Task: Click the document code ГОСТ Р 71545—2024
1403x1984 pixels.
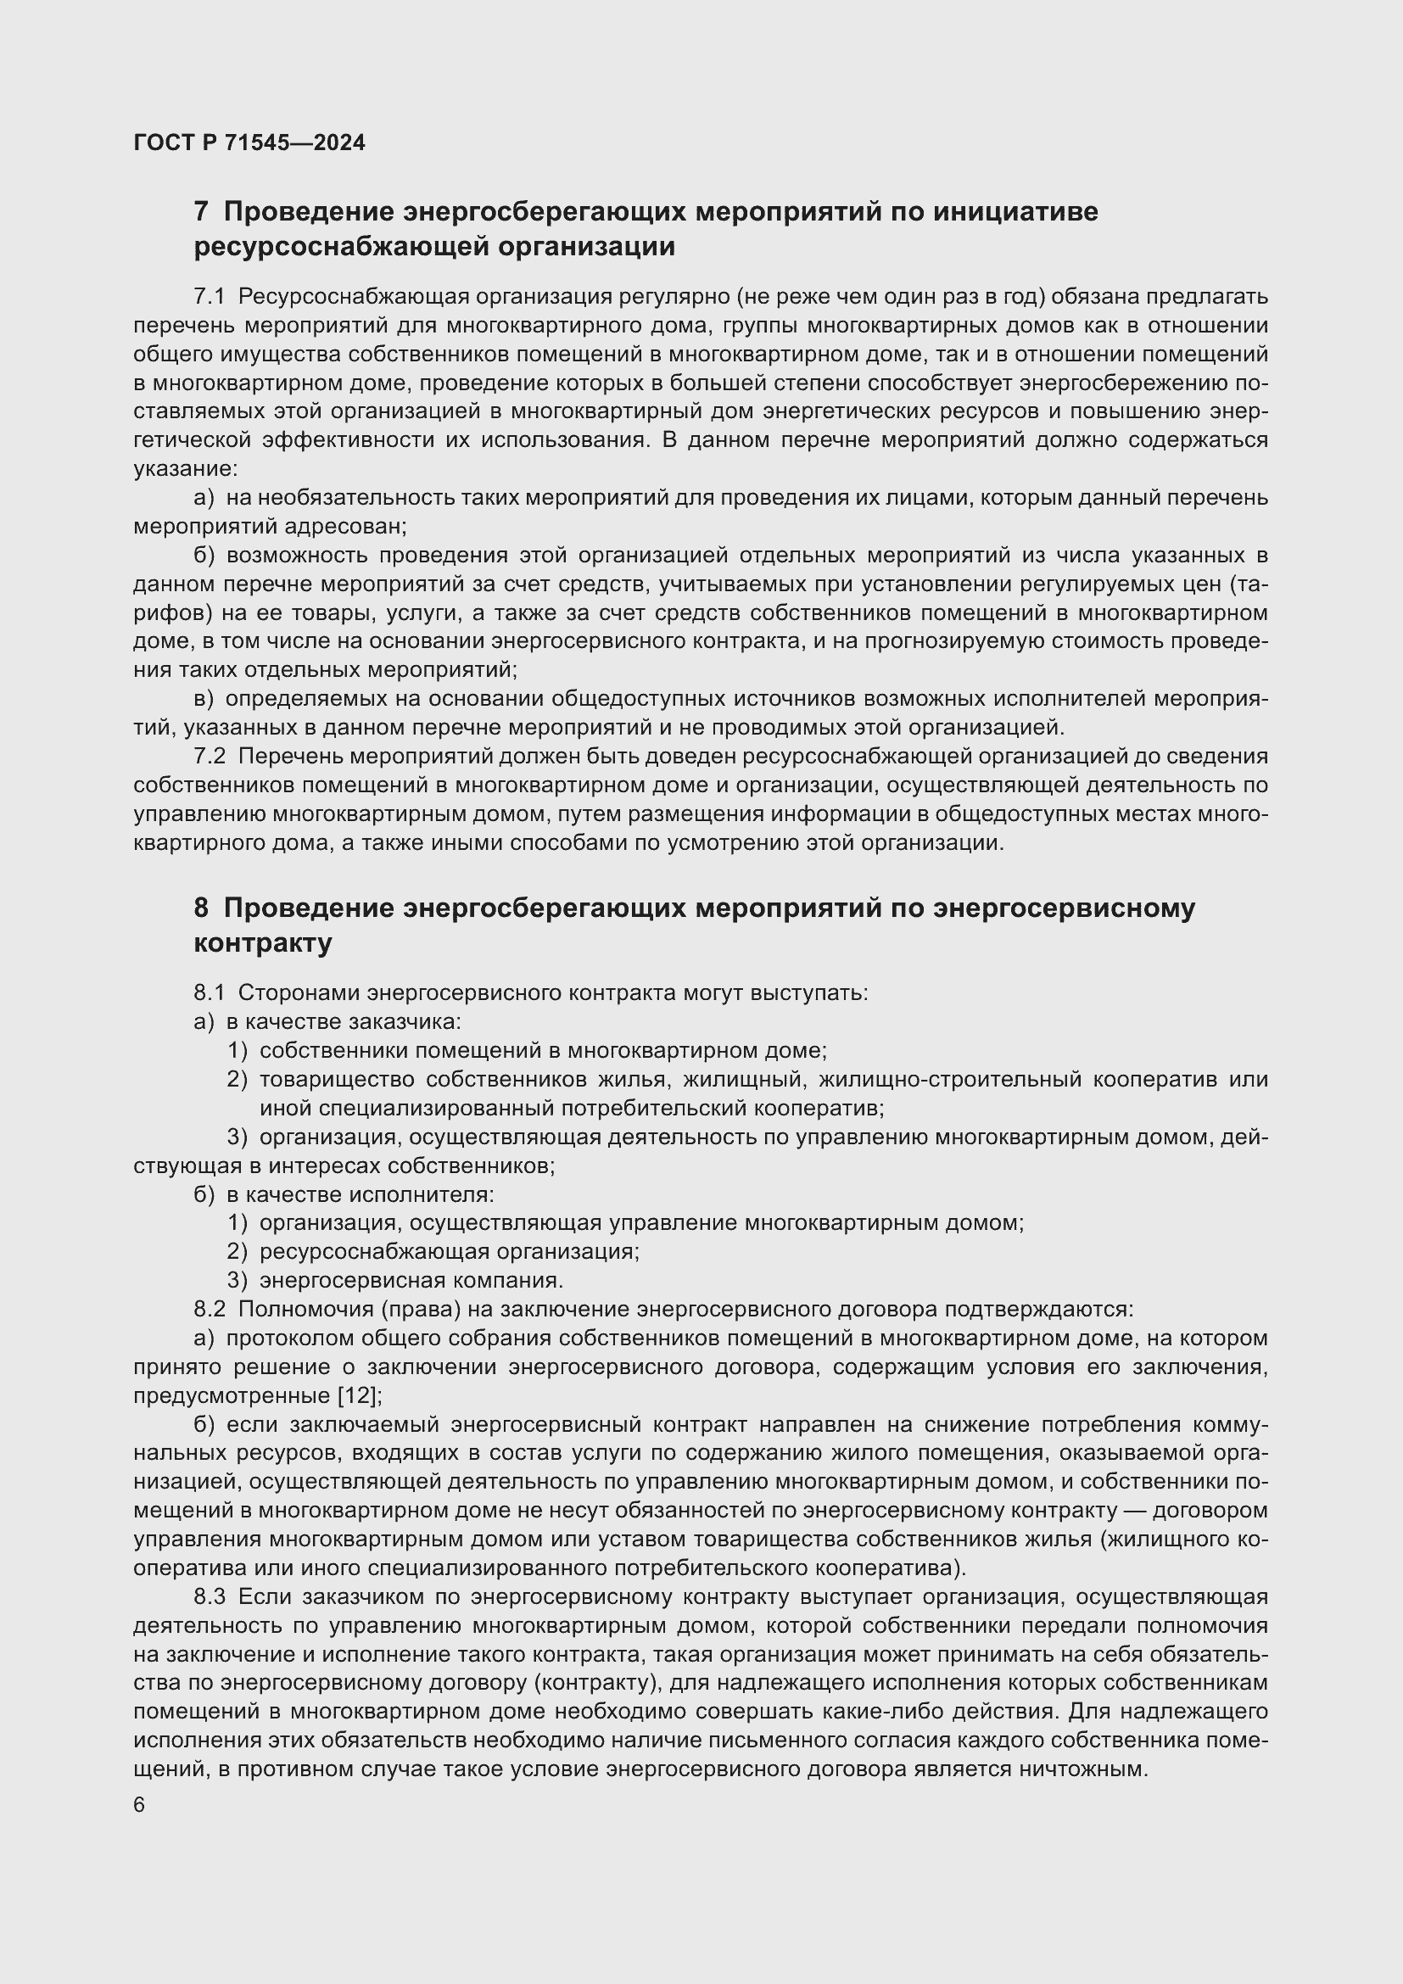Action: (x=249, y=143)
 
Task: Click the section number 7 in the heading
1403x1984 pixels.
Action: (x=201, y=212)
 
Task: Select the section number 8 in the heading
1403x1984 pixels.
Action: (x=201, y=908)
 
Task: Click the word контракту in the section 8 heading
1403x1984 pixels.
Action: (x=264, y=943)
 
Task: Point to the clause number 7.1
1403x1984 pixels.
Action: (x=209, y=297)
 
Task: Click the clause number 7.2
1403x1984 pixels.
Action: (x=209, y=756)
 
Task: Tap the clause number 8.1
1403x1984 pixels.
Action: (x=209, y=993)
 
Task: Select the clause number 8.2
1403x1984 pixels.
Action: (x=209, y=1309)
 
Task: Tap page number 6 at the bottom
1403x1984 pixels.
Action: (x=139, y=1805)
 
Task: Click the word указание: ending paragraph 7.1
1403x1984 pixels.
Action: (x=185, y=469)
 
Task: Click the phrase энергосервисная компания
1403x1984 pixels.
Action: (x=411, y=1281)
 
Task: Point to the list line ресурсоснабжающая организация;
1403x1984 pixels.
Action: (x=450, y=1251)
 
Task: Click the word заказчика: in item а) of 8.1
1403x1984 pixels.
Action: (x=405, y=1021)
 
